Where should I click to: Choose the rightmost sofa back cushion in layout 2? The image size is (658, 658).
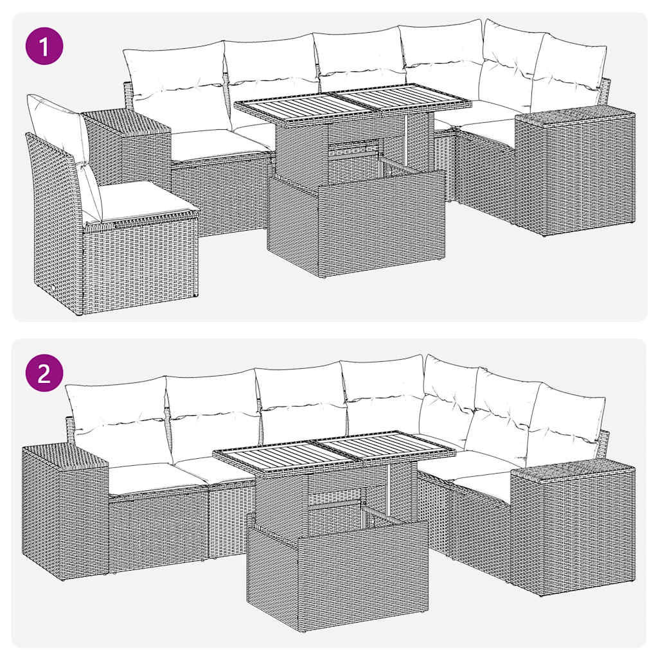(x=565, y=421)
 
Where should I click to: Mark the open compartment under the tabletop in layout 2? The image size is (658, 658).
(x=337, y=501)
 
